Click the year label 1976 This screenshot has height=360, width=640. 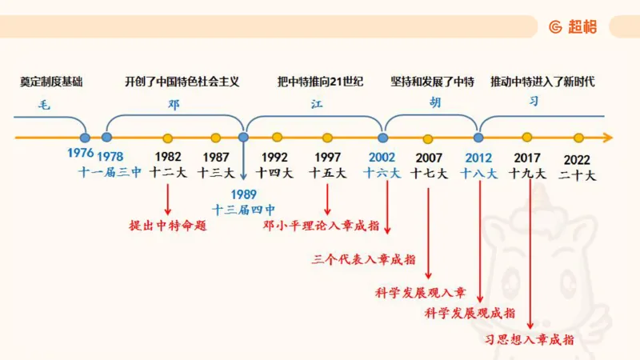[x=80, y=153]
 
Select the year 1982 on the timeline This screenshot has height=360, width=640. [x=168, y=157]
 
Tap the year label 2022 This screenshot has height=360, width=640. [x=578, y=159]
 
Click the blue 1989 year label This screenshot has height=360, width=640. [x=244, y=194]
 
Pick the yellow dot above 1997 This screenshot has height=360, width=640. [x=327, y=138]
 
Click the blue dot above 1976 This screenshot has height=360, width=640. [x=85, y=138]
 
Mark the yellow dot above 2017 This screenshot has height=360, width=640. [x=527, y=138]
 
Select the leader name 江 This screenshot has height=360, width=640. [x=317, y=103]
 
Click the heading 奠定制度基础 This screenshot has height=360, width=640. [x=51, y=82]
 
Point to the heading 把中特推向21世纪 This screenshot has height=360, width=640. [x=320, y=82]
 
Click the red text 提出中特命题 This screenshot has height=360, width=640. [x=168, y=226]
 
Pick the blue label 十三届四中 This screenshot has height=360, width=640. [x=244, y=210]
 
